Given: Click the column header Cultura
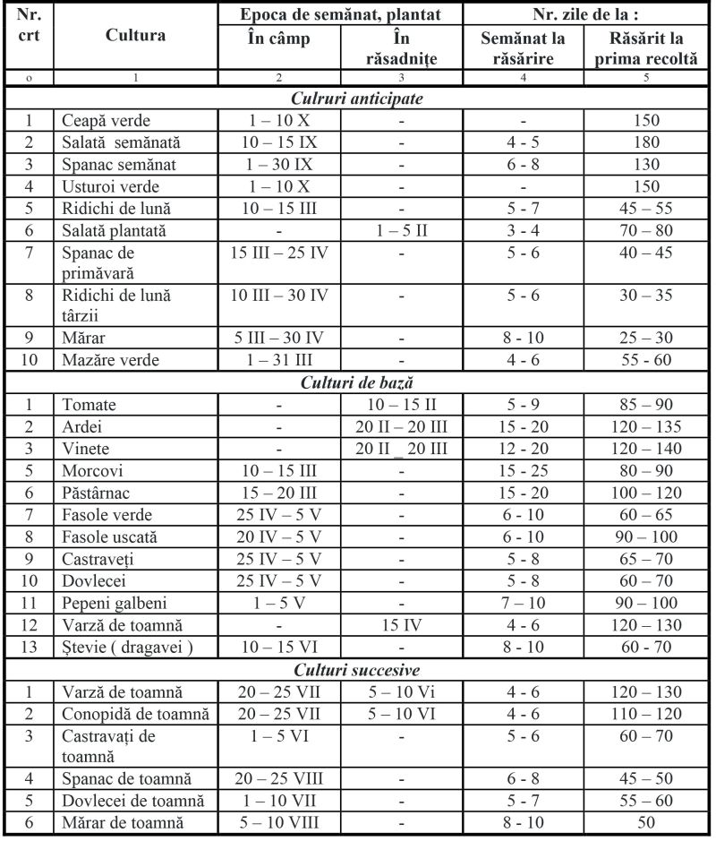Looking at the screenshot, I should [x=135, y=36].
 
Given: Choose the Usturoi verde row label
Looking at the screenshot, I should [x=104, y=187].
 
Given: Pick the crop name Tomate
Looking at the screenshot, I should [x=89, y=405].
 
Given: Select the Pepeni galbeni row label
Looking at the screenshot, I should [x=115, y=603].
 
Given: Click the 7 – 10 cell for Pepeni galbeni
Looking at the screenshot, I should [x=523, y=603].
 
